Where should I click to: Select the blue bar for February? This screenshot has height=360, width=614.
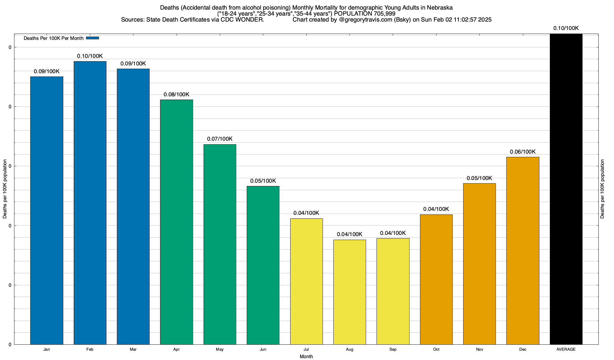(90, 203)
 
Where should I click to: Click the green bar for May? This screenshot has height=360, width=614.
(220, 244)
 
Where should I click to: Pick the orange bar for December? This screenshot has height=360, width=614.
(523, 250)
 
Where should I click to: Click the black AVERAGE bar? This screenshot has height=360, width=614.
(566, 189)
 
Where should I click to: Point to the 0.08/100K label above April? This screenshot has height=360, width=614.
(176, 95)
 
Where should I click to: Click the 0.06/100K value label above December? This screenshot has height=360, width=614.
(523, 152)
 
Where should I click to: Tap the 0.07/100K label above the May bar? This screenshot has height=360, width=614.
(220, 139)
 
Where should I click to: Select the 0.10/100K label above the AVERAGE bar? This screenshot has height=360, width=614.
(566, 28)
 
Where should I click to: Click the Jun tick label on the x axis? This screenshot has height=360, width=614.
(263, 349)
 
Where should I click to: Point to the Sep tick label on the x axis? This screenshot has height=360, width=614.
(393, 349)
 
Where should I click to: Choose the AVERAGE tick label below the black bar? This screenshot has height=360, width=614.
(566, 349)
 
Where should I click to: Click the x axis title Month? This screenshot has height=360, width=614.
(306, 357)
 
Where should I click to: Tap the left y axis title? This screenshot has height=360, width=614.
(5, 189)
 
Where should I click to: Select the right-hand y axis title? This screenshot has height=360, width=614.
(603, 189)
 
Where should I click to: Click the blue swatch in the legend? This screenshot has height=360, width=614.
(92, 38)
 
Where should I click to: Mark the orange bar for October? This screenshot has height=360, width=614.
(436, 279)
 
